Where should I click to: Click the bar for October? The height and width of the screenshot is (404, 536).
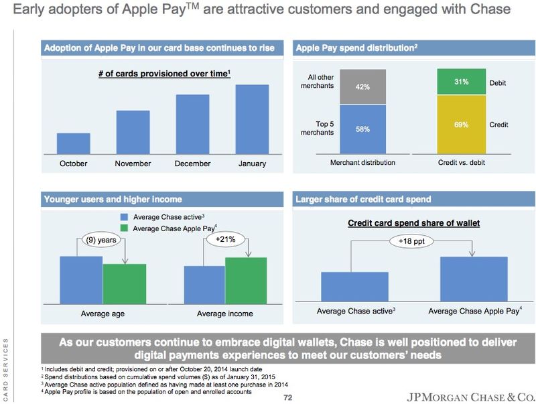pyautogui.click(x=73, y=143)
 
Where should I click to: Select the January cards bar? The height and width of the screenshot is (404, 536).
pyautogui.click(x=252, y=119)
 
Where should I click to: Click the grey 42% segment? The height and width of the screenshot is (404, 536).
pyautogui.click(x=362, y=86)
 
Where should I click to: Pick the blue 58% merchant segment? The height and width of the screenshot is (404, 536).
pyautogui.click(x=362, y=129)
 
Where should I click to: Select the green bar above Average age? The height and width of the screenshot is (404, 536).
pyautogui.click(x=124, y=283)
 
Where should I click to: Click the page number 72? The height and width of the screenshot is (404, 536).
pyautogui.click(x=288, y=397)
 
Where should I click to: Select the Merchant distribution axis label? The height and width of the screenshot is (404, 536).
pyautogui.click(x=363, y=162)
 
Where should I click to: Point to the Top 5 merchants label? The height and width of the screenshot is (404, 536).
pyautogui.click(x=316, y=128)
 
